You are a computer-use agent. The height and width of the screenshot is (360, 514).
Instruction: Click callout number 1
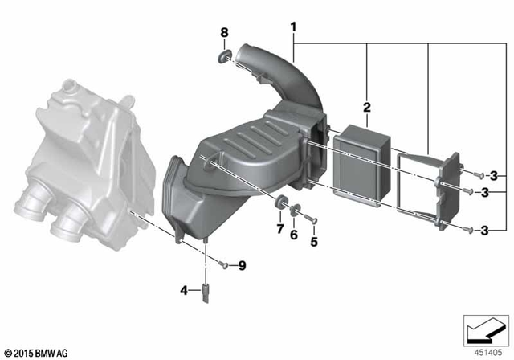point(294,27)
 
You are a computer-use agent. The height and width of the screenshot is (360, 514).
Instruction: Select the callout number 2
point(366,108)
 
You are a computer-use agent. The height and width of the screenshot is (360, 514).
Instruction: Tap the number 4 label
point(184,290)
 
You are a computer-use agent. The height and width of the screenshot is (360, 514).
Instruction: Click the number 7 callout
point(279,230)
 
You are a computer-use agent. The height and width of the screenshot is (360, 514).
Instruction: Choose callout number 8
point(225,33)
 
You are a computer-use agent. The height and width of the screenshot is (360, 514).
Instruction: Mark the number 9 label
point(242,265)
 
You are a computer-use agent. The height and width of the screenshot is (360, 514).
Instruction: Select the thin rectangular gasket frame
point(417,189)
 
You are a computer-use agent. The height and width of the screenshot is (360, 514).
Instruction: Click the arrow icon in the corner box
point(484,329)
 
